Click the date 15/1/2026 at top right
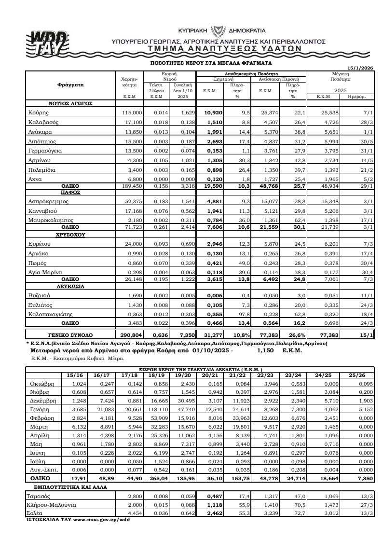click(360, 68)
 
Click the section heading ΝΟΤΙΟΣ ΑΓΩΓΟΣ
click(70, 103)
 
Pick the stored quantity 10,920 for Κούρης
click(212, 112)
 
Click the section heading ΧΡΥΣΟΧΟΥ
click(70, 235)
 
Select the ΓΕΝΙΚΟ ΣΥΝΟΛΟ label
click(70, 334)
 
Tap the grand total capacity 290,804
click(130, 334)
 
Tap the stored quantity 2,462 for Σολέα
click(212, 513)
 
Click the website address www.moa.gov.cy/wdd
click(101, 520)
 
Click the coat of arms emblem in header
click(222, 29)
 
